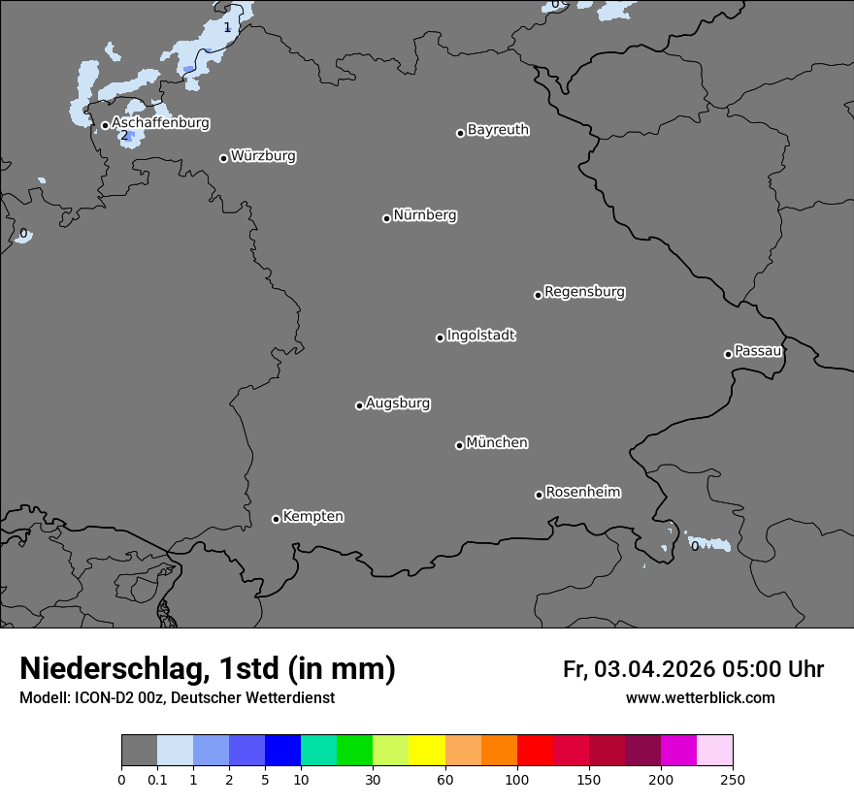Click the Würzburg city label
tap(263, 156)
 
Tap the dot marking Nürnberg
tap(386, 218)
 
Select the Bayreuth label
tap(498, 130)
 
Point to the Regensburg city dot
tap(538, 295)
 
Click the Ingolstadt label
tap(480, 336)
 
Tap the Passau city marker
tap(728, 354)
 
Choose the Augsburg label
tap(398, 403)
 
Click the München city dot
tap(459, 445)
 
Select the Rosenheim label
tap(582, 493)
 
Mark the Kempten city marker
tap(276, 519)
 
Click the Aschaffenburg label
tap(160, 123)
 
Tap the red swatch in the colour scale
tap(535, 751)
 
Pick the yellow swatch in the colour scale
tap(427, 751)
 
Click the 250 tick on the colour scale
tap(732, 779)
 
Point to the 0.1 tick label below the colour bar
tap(157, 779)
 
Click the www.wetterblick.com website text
tap(700, 698)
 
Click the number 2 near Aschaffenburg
tap(124, 135)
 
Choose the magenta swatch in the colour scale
tap(678, 751)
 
